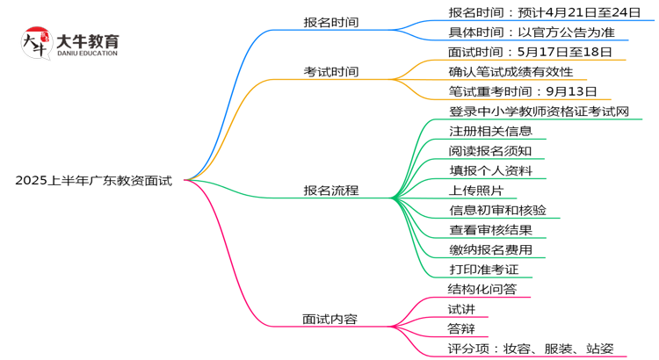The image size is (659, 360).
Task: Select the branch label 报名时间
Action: point(330,22)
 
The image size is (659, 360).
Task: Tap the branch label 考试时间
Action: point(330,71)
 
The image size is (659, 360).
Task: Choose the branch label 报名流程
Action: point(330,190)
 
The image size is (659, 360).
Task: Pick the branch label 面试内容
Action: point(330,319)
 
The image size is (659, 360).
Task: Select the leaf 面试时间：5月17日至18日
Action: point(524,52)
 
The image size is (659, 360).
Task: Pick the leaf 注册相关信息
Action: point(490,131)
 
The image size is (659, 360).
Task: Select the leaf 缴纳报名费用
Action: point(490,249)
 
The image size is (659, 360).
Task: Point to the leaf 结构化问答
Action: point(482,289)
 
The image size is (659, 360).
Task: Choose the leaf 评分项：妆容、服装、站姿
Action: point(531,348)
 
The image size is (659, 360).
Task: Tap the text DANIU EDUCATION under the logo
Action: point(87,54)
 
